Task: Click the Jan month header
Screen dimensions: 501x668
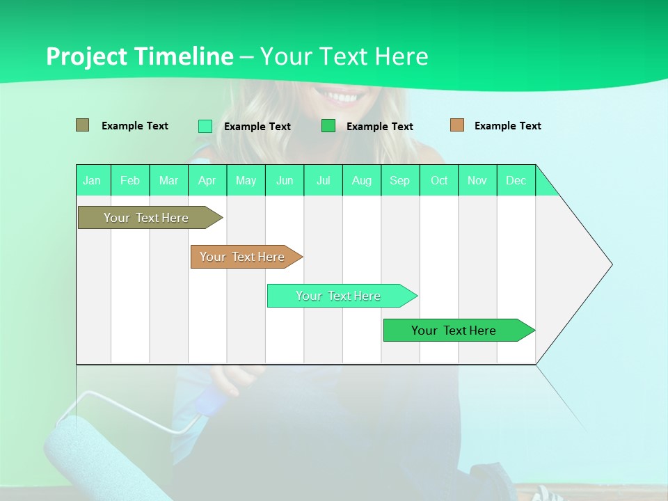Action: pos(93,180)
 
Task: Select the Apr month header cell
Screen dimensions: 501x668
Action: pos(207,180)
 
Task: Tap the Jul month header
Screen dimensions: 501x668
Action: pos(324,180)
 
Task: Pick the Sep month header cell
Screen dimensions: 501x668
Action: pos(400,180)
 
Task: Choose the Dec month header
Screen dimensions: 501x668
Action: pos(516,180)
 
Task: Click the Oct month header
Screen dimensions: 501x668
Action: pos(439,180)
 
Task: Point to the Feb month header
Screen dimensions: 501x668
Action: pos(130,180)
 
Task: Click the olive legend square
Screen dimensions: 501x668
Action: pos(82,125)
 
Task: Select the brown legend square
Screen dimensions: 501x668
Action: pos(456,125)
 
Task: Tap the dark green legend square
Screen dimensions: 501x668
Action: pos(328,126)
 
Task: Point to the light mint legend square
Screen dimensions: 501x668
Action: pos(205,126)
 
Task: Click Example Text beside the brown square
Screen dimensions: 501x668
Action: pos(507,126)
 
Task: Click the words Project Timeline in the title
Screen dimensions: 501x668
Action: pos(139,56)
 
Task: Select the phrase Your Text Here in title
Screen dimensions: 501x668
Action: pos(344,56)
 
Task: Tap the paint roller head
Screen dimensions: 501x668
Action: pos(73,452)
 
